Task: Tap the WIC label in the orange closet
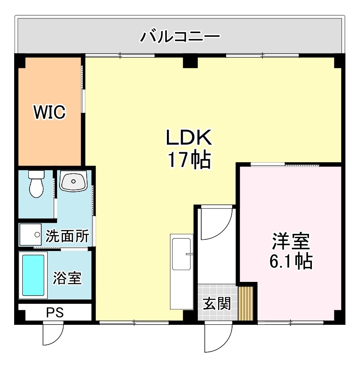(x=50, y=112)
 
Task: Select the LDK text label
(x=189, y=138)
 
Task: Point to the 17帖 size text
(x=189, y=160)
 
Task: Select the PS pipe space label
(x=55, y=312)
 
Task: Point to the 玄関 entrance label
(x=217, y=304)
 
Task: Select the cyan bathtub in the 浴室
(x=33, y=275)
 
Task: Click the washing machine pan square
(x=30, y=235)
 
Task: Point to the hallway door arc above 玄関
(x=216, y=223)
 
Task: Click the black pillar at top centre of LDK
(x=189, y=61)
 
